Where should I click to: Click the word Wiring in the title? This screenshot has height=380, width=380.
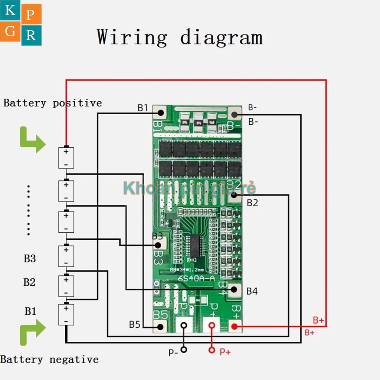[132, 37]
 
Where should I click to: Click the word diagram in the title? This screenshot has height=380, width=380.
[222, 37]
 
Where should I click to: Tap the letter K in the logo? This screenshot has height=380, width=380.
[10, 11]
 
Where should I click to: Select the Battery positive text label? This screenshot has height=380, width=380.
[52, 103]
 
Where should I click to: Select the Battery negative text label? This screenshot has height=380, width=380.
[49, 359]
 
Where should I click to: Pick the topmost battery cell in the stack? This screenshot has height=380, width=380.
[66, 158]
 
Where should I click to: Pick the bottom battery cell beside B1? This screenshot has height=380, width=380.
[66, 314]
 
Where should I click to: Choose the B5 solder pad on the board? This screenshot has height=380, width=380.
[160, 327]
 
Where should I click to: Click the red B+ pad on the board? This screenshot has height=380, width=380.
[234, 327]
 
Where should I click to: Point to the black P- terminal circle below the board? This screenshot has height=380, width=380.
[184, 350]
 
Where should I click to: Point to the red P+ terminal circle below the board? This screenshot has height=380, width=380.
[212, 350]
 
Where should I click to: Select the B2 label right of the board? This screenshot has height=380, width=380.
[252, 203]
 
